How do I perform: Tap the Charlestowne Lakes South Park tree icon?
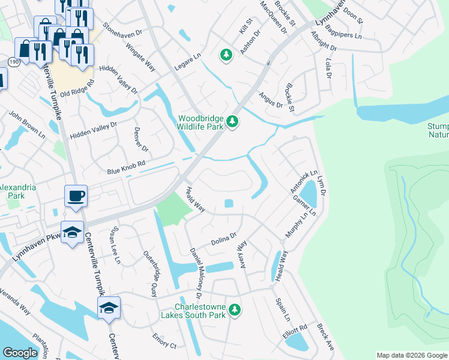tap(236, 310)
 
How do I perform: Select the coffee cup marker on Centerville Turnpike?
tap(76, 196)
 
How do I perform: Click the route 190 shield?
tap(14, 61)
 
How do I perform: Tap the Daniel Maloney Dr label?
tap(196, 274)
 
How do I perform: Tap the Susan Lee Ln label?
tap(114, 245)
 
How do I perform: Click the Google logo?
tap(20, 353)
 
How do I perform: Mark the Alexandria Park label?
tap(17, 191)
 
